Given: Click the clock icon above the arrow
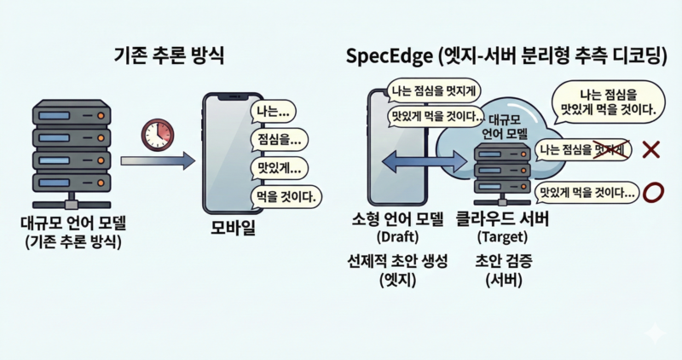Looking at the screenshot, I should click(159, 132).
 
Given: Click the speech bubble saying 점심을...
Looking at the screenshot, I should click(277, 139).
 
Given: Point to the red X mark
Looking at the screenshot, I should click(650, 150).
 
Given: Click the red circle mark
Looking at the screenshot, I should click(652, 192).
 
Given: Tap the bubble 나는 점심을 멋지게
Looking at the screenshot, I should click(432, 88).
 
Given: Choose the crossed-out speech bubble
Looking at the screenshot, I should click(583, 149).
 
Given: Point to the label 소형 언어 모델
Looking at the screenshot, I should click(396, 219).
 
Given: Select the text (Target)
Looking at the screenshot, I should click(503, 236).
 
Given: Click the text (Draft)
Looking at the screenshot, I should click(396, 236).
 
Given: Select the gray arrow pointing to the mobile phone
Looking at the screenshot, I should click(158, 160).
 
